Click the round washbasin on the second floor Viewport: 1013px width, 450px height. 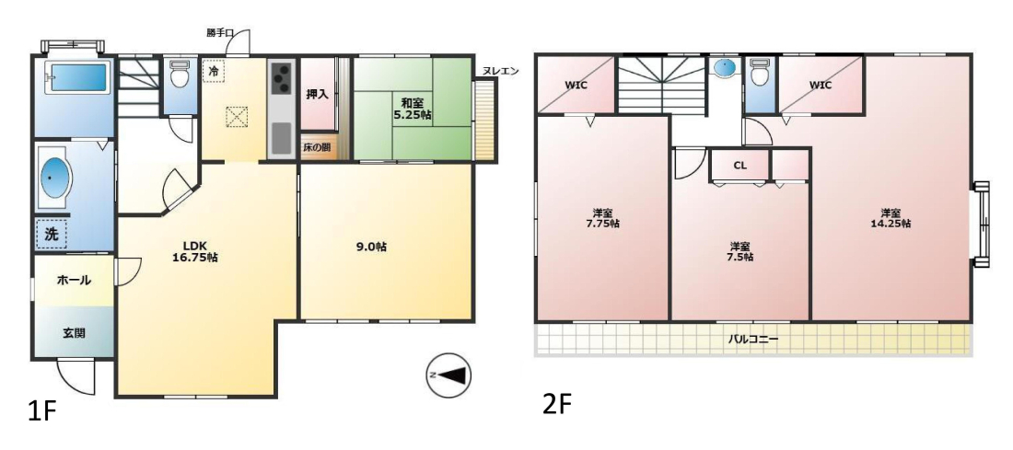(x=728, y=67)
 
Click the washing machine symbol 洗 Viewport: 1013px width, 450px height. (x=52, y=235)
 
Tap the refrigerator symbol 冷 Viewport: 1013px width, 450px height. (x=214, y=70)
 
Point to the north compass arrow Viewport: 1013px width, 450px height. (x=448, y=375)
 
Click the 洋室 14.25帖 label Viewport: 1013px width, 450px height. (x=891, y=217)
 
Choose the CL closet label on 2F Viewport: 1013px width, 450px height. (x=739, y=166)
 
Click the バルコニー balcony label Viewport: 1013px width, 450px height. (x=753, y=338)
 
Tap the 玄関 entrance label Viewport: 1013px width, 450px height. (x=75, y=333)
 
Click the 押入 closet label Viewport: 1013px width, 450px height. (x=317, y=94)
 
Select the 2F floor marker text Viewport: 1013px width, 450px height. (x=557, y=406)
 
